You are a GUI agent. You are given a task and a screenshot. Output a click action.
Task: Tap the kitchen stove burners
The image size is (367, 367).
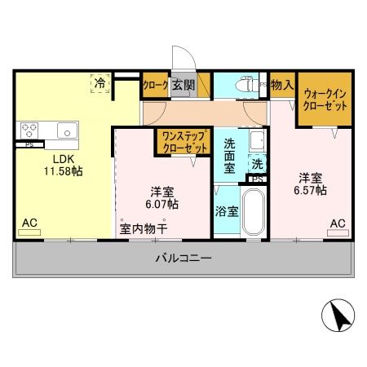[31, 130]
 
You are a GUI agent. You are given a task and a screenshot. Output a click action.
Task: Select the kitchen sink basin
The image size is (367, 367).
[64, 130]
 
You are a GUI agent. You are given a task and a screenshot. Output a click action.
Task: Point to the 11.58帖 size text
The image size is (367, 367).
[64, 171]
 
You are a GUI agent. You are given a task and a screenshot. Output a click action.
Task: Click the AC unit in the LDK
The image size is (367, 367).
[29, 232]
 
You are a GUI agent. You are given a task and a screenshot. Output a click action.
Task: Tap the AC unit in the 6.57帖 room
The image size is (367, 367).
[337, 232]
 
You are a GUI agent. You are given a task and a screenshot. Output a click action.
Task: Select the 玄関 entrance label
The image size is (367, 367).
[183, 84]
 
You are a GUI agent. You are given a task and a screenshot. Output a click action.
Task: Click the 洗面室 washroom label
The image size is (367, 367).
[230, 157]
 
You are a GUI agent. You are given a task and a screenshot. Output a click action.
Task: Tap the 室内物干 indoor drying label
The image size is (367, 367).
[144, 228]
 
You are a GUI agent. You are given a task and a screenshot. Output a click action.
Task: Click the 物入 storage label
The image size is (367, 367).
[282, 84]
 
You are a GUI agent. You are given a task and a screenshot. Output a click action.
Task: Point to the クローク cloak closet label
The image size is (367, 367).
[155, 84]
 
